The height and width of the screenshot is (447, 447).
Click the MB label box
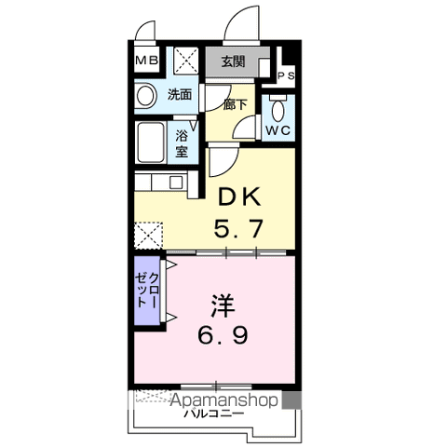tap(147, 61)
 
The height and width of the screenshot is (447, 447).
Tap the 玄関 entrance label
tap(233, 61)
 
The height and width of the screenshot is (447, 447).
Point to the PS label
tap(286, 75)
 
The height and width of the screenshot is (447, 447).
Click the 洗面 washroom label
tap(180, 94)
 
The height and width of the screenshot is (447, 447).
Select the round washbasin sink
tap(145, 96)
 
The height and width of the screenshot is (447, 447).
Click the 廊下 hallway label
tap(235, 104)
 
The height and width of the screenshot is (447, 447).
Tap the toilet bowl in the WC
tap(278, 109)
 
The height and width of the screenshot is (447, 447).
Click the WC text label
tap(278, 130)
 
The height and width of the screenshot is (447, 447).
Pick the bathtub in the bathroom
tap(151, 142)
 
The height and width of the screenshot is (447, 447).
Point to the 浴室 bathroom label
tap(183, 143)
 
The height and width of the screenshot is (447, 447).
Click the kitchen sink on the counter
tap(176, 183)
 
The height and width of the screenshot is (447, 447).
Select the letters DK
tap(239, 197)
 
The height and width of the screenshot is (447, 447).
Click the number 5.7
tap(238, 228)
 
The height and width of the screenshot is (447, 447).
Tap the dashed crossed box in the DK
tap(149, 236)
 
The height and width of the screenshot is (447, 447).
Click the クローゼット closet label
tap(147, 291)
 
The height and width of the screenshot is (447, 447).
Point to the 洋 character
tap(223, 306)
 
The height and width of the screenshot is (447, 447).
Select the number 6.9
tap(223, 335)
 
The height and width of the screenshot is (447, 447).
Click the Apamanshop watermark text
tap(224, 400)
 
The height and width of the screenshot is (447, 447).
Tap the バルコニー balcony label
tap(214, 413)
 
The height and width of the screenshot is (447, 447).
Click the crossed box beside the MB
tap(185, 61)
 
